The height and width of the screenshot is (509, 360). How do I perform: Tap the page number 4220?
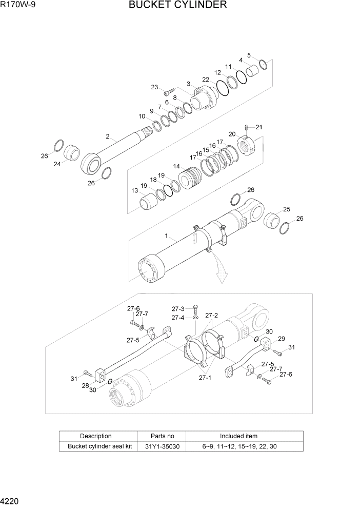11,498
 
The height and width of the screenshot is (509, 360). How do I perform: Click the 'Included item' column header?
239,436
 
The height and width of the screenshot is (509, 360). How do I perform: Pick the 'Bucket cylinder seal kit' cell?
99,446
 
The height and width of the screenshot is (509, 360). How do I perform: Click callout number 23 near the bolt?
154,87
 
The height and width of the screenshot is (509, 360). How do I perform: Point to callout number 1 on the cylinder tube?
167,236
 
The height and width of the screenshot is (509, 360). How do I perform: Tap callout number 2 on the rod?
108,136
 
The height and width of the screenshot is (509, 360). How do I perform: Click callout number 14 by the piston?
176,166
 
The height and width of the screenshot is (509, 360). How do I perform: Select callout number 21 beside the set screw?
258,127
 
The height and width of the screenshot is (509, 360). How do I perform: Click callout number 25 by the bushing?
286,209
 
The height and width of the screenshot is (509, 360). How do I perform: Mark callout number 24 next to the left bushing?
57,164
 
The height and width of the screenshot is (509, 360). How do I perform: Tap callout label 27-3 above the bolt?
177,309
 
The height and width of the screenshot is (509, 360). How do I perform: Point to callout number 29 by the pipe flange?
281,339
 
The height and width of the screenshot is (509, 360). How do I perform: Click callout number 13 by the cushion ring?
135,190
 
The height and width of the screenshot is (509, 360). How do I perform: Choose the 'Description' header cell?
95,436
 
